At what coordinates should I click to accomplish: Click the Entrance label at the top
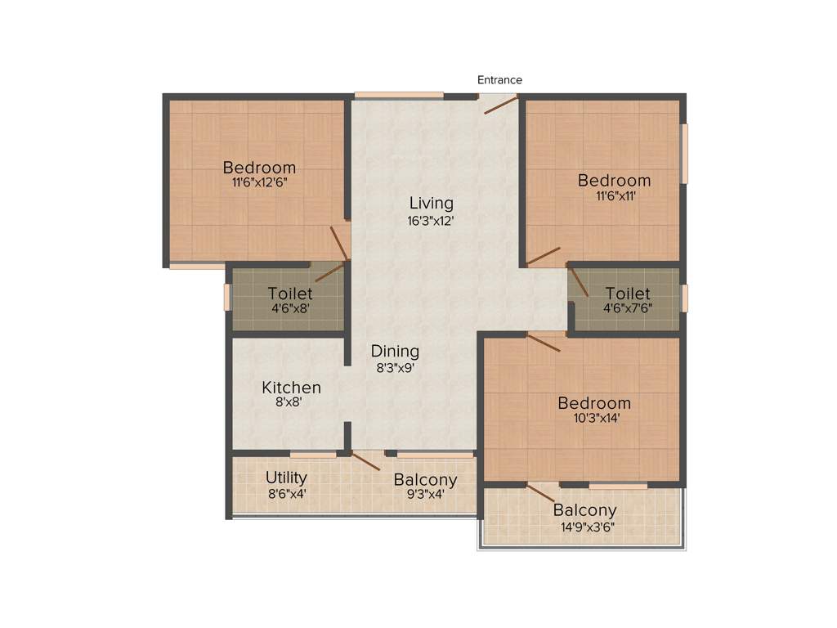pos(499,80)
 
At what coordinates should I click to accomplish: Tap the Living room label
pos(432,203)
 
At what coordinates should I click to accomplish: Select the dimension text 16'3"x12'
pos(432,220)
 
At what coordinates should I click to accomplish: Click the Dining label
pos(395,351)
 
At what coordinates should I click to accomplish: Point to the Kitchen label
pos(291,387)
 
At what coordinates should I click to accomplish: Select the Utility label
pos(286,478)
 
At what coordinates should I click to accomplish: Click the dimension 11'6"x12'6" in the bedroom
pos(259,183)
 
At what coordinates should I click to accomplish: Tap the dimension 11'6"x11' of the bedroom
pos(614,196)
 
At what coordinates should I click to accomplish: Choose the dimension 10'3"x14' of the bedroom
pos(594,419)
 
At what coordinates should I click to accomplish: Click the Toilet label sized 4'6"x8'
pos(289,294)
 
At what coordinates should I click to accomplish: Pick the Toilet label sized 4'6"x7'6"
pos(628,294)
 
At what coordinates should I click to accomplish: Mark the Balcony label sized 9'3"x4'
pos(425,480)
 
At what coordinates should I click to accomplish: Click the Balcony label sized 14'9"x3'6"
pos(584,510)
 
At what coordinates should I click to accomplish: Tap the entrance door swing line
pos(500,105)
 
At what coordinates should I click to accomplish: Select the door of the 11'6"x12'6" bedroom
pos(339,243)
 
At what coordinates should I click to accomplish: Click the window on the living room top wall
pos(398,96)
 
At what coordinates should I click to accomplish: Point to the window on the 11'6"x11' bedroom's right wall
pos(685,153)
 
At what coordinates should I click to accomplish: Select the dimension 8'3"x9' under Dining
pos(395,367)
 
